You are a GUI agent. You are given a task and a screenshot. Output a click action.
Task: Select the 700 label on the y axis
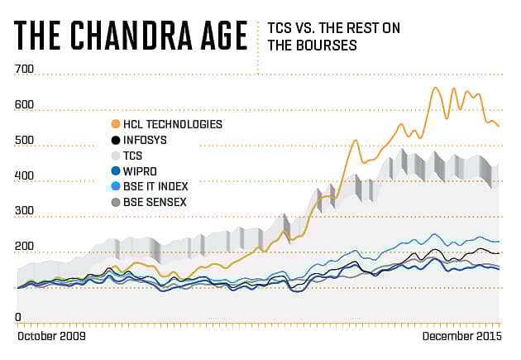point(24,70)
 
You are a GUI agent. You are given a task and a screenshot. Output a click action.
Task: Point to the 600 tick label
point(24,105)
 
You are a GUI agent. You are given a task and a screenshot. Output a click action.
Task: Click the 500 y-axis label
point(24,141)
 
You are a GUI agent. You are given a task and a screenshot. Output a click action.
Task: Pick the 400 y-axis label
point(24,176)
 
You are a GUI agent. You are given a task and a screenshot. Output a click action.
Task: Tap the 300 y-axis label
point(24,212)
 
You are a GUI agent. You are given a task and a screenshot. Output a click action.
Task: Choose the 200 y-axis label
point(24,247)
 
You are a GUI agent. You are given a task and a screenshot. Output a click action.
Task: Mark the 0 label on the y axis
point(18,317)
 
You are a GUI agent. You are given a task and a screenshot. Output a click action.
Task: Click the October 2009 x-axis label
point(51,338)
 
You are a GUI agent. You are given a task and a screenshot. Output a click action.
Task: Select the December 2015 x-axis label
point(461,338)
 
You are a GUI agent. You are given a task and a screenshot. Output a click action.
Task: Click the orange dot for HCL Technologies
point(116,124)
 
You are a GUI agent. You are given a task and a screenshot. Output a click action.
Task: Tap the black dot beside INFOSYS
point(116,140)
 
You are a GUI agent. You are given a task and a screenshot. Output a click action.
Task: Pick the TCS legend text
point(132,156)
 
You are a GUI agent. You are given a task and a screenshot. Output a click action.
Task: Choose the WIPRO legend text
point(140,170)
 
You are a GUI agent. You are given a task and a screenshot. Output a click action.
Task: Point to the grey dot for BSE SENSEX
point(116,202)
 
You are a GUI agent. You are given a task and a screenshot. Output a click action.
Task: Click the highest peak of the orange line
point(435,88)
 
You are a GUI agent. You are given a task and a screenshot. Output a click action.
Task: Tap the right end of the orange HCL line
point(499,126)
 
